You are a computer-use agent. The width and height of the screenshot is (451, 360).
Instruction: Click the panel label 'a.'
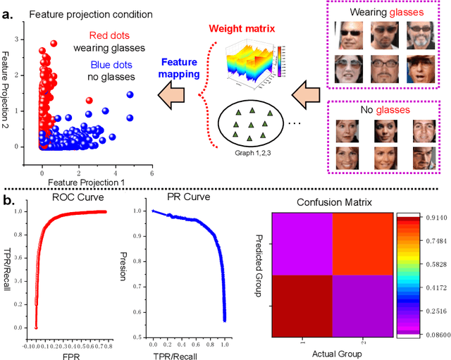point(11,13)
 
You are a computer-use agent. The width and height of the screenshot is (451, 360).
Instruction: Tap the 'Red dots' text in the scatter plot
point(111,35)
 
